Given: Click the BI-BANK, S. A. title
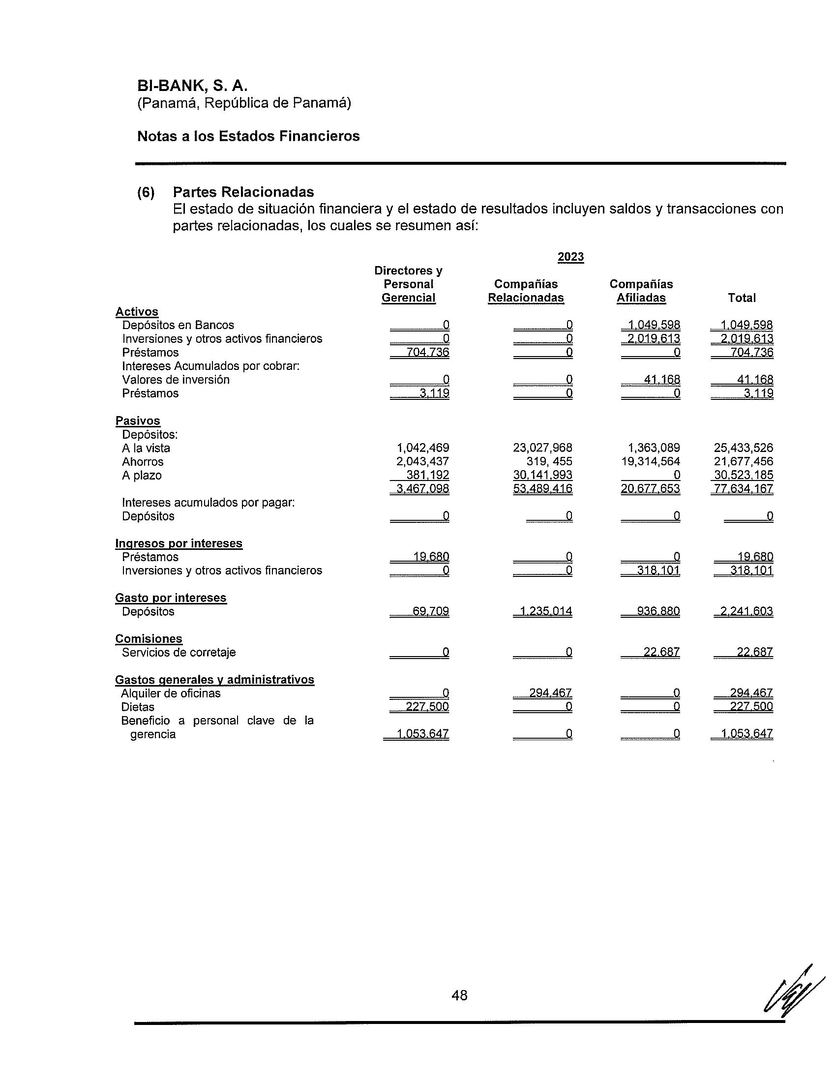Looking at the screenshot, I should tap(192, 86).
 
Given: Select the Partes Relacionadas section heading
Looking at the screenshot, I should tap(243, 192).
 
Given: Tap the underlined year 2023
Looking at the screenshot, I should tap(570, 257).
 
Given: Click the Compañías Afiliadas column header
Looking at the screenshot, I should tap(641, 291).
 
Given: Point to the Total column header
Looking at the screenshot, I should tap(742, 298).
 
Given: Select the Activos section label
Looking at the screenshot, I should tap(137, 312).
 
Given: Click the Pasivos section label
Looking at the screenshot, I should tap(138, 421).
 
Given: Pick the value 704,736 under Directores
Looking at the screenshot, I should tap(427, 352).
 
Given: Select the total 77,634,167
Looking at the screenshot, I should tap(743, 489).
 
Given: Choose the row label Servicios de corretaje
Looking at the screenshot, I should tap(179, 652).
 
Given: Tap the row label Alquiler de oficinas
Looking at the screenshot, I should tap(171, 693).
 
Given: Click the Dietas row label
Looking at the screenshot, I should tap(138, 707).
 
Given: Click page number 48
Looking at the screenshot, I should tap(459, 995).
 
